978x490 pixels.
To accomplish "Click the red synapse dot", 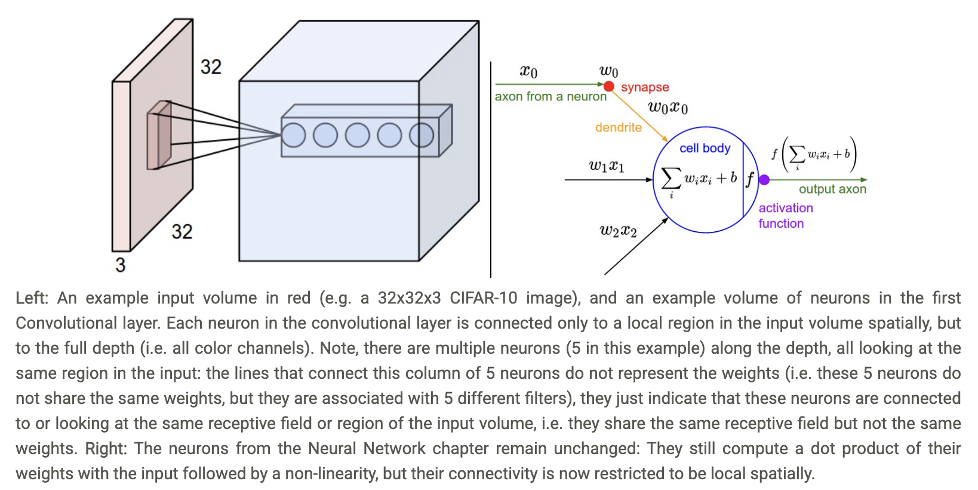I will pyautogui.click(x=609, y=87).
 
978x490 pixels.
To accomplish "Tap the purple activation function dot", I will pyautogui.click(x=764, y=179).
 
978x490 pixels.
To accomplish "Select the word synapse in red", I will pyautogui.click(x=645, y=87).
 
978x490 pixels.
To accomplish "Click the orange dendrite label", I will pyautogui.click(x=618, y=127).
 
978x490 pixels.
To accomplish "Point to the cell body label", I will pyautogui.click(x=705, y=148).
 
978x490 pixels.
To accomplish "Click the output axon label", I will pyautogui.click(x=832, y=189).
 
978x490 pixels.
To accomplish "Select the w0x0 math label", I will pyautogui.click(x=668, y=108).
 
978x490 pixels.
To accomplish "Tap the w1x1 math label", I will pyautogui.click(x=607, y=166).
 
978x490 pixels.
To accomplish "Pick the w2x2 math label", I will pyautogui.click(x=618, y=231).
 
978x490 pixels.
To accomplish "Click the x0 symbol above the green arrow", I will pyautogui.click(x=528, y=72).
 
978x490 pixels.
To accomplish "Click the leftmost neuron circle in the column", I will pyautogui.click(x=294, y=135).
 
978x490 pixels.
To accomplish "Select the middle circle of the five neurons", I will pyautogui.click(x=358, y=135).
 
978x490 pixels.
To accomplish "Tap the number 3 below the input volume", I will pyautogui.click(x=121, y=265).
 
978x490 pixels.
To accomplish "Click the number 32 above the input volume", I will pyautogui.click(x=211, y=66).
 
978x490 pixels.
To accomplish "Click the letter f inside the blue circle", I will pyautogui.click(x=750, y=179).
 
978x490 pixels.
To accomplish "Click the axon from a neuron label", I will pyautogui.click(x=550, y=97).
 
